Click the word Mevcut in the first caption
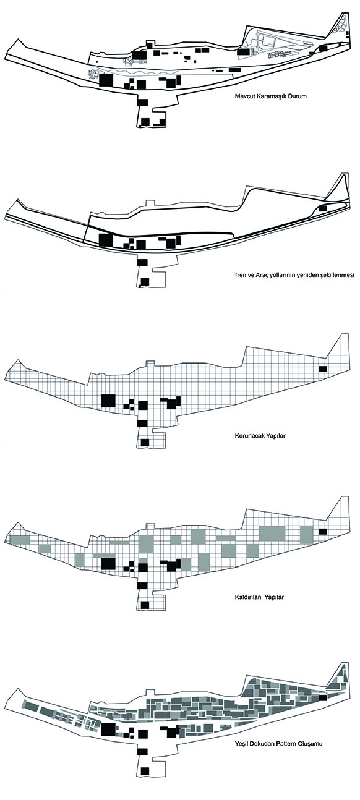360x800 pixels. click(244, 96)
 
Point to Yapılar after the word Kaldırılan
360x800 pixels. click(274, 597)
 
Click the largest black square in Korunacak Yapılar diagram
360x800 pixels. click(108, 401)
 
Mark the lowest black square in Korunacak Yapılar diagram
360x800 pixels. click(145, 442)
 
